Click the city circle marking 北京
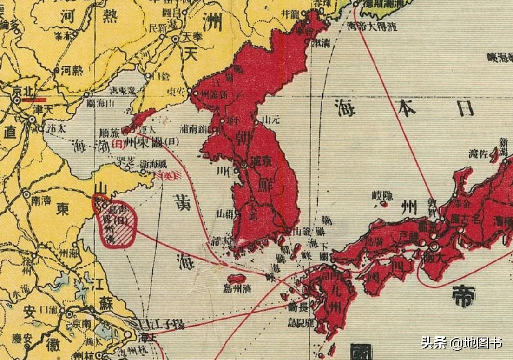17,100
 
